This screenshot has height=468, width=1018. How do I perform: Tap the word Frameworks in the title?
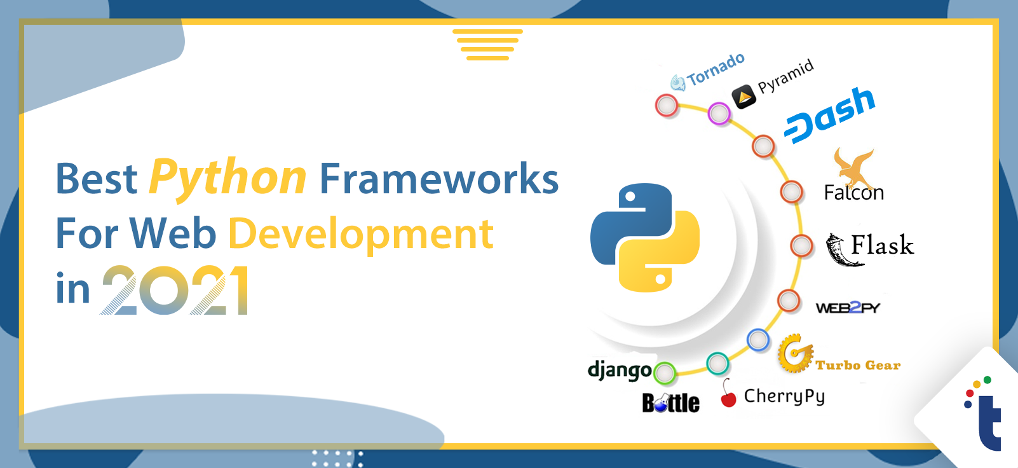pyautogui.click(x=439, y=179)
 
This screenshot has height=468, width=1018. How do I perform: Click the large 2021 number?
pyautogui.click(x=175, y=290)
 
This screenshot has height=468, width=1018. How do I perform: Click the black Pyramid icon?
pyautogui.click(x=743, y=97)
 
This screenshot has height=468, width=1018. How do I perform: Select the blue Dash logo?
pyautogui.click(x=830, y=116)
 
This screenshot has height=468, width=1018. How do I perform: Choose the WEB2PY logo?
pyautogui.click(x=848, y=308)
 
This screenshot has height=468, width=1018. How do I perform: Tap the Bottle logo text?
pyautogui.click(x=671, y=403)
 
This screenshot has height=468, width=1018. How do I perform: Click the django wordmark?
pyautogui.click(x=620, y=371)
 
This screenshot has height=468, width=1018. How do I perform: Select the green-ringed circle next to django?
pyautogui.click(x=665, y=373)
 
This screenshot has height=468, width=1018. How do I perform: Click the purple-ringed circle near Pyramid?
pyautogui.click(x=719, y=114)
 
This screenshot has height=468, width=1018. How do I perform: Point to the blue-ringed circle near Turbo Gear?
pyautogui.click(x=758, y=340)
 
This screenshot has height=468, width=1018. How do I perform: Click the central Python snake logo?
pyautogui.click(x=645, y=237)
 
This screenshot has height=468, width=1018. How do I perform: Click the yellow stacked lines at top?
pyautogui.click(x=487, y=45)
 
